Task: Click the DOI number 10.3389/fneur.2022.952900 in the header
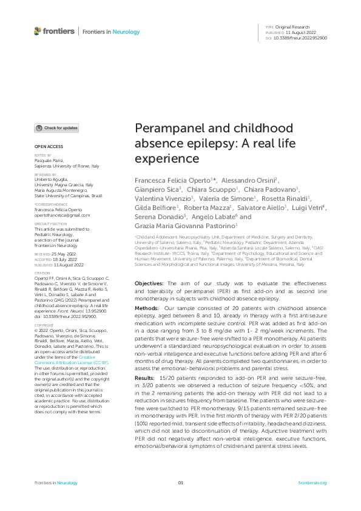point(301,38)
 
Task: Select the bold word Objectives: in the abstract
point(149,283)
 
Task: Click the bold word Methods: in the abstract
point(146,309)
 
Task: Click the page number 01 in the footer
point(180,483)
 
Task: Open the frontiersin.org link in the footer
point(312,483)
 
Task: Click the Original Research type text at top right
point(292,27)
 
